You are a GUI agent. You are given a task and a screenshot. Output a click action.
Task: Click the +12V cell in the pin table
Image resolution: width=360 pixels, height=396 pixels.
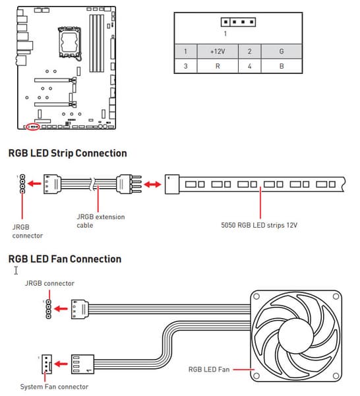[x=218, y=51]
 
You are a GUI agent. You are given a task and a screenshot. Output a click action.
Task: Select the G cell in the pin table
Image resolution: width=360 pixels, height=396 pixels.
[x=282, y=51]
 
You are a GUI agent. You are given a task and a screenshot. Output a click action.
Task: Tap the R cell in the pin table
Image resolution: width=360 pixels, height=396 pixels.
[x=218, y=66]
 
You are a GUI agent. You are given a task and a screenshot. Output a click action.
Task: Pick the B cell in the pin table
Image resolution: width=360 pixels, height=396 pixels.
[x=282, y=66]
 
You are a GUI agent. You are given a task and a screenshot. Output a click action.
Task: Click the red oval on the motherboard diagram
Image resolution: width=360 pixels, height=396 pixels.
[x=33, y=126]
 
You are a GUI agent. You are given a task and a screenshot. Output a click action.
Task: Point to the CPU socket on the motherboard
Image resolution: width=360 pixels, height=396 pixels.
[x=70, y=42]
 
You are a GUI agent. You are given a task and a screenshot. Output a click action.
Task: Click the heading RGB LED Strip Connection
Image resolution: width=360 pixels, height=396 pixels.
[x=68, y=153]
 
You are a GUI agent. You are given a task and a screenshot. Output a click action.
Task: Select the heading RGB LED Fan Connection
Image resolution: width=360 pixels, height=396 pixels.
[x=65, y=259]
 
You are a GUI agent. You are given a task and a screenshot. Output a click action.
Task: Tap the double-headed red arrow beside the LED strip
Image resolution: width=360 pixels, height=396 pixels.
[x=152, y=184]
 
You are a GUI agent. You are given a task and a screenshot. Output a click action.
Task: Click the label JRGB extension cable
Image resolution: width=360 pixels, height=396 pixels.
[x=101, y=221]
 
